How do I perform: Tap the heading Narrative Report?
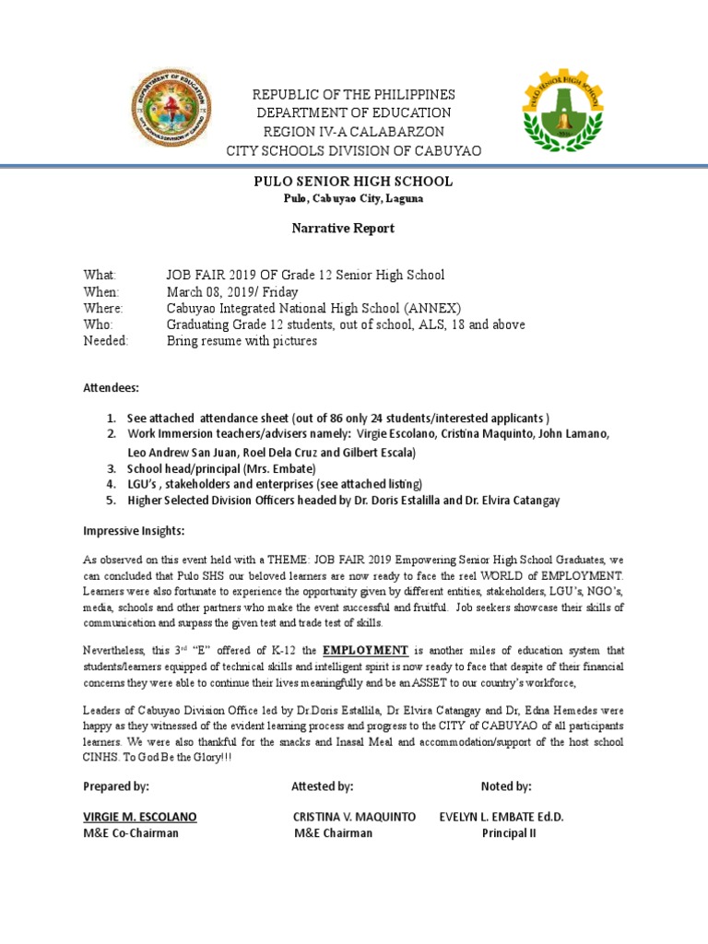click(x=353, y=228)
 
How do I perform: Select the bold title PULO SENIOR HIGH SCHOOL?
click(x=353, y=182)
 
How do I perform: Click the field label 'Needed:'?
click(x=106, y=341)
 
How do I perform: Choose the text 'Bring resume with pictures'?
click(x=242, y=341)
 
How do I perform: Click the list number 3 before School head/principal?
click(x=111, y=468)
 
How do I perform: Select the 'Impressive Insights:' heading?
click(x=134, y=532)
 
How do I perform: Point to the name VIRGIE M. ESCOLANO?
click(x=140, y=817)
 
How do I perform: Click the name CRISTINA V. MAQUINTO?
click(x=354, y=817)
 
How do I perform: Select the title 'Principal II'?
click(x=509, y=833)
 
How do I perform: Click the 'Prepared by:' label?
click(x=116, y=786)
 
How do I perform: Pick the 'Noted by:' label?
click(x=506, y=786)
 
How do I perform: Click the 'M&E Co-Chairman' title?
click(x=131, y=833)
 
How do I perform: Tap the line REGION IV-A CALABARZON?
click(x=354, y=132)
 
